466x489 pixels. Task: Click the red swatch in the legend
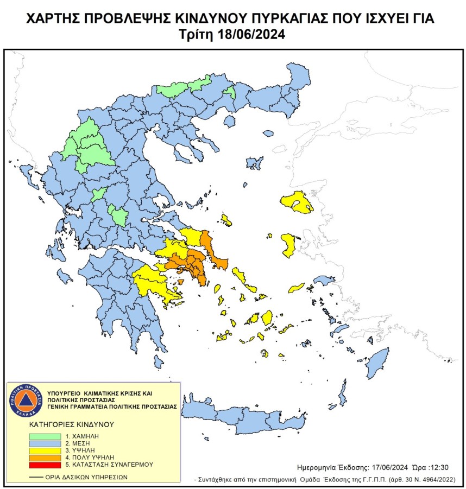[46, 465]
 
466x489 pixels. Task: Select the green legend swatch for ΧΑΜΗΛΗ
[46, 436]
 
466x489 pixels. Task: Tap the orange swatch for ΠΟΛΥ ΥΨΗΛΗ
[46, 458]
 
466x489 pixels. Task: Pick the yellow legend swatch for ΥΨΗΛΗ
[46, 450]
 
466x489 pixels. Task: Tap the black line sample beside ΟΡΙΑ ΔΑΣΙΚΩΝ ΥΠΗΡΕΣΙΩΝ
[36, 477]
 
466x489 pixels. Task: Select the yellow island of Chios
[288, 245]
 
